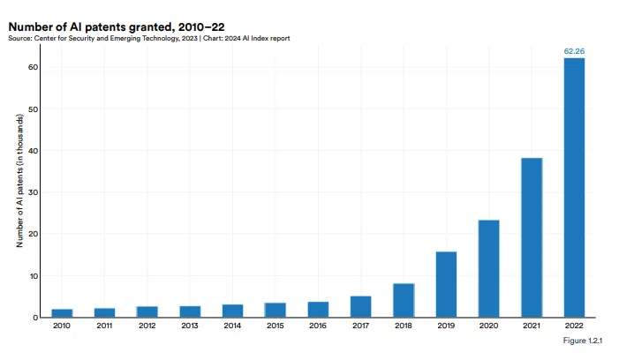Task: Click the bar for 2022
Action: [574, 188]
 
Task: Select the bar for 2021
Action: [532, 237]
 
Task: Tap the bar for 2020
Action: [488, 268]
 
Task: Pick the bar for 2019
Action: [446, 284]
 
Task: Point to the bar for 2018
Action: [404, 300]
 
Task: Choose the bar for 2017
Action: [361, 306]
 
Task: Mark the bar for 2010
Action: [62, 313]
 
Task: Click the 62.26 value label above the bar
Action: [574, 51]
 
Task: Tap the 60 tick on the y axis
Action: [34, 67]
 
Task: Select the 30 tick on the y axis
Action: [34, 192]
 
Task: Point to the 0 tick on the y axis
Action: [35, 318]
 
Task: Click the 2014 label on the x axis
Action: [232, 326]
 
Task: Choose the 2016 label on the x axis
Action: [318, 326]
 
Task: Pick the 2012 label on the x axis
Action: [147, 326]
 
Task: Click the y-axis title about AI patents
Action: [19, 181]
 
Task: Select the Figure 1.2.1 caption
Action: [583, 341]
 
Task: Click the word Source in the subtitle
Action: [20, 38]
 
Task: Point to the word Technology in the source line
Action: [161, 39]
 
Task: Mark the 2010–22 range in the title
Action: [201, 26]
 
